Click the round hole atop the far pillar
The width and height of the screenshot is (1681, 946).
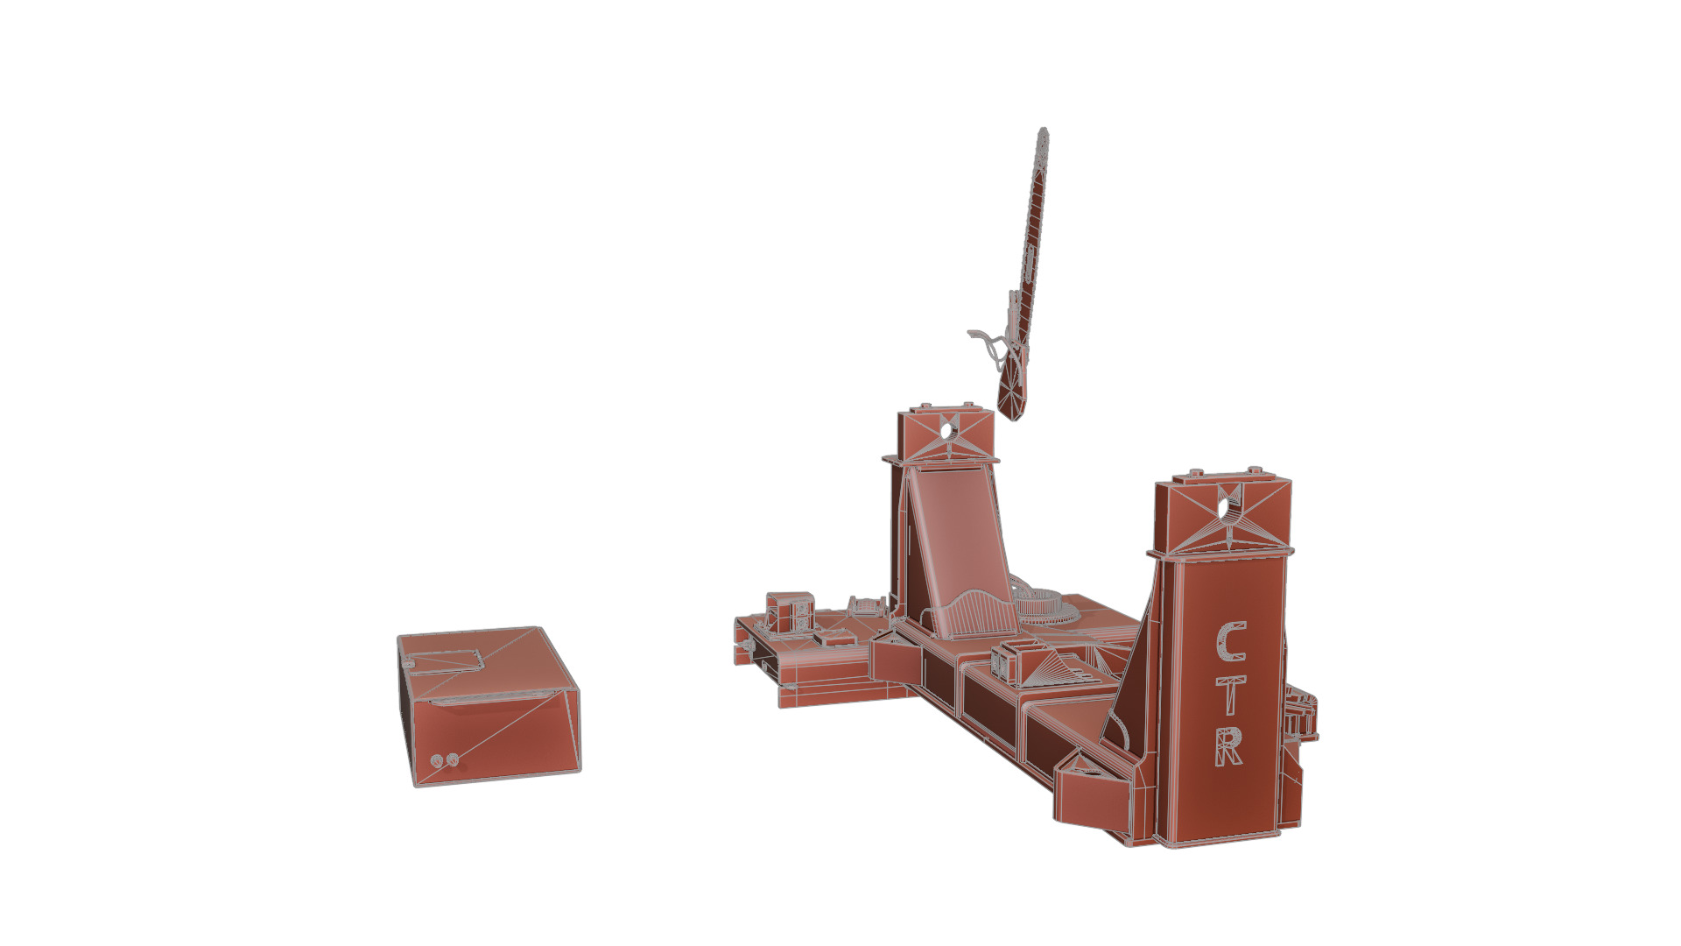pos(946,430)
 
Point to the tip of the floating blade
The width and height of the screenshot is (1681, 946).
pos(1043,132)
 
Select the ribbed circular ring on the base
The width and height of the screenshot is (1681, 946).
pos(1046,605)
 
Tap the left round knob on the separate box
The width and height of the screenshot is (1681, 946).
pos(437,762)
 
